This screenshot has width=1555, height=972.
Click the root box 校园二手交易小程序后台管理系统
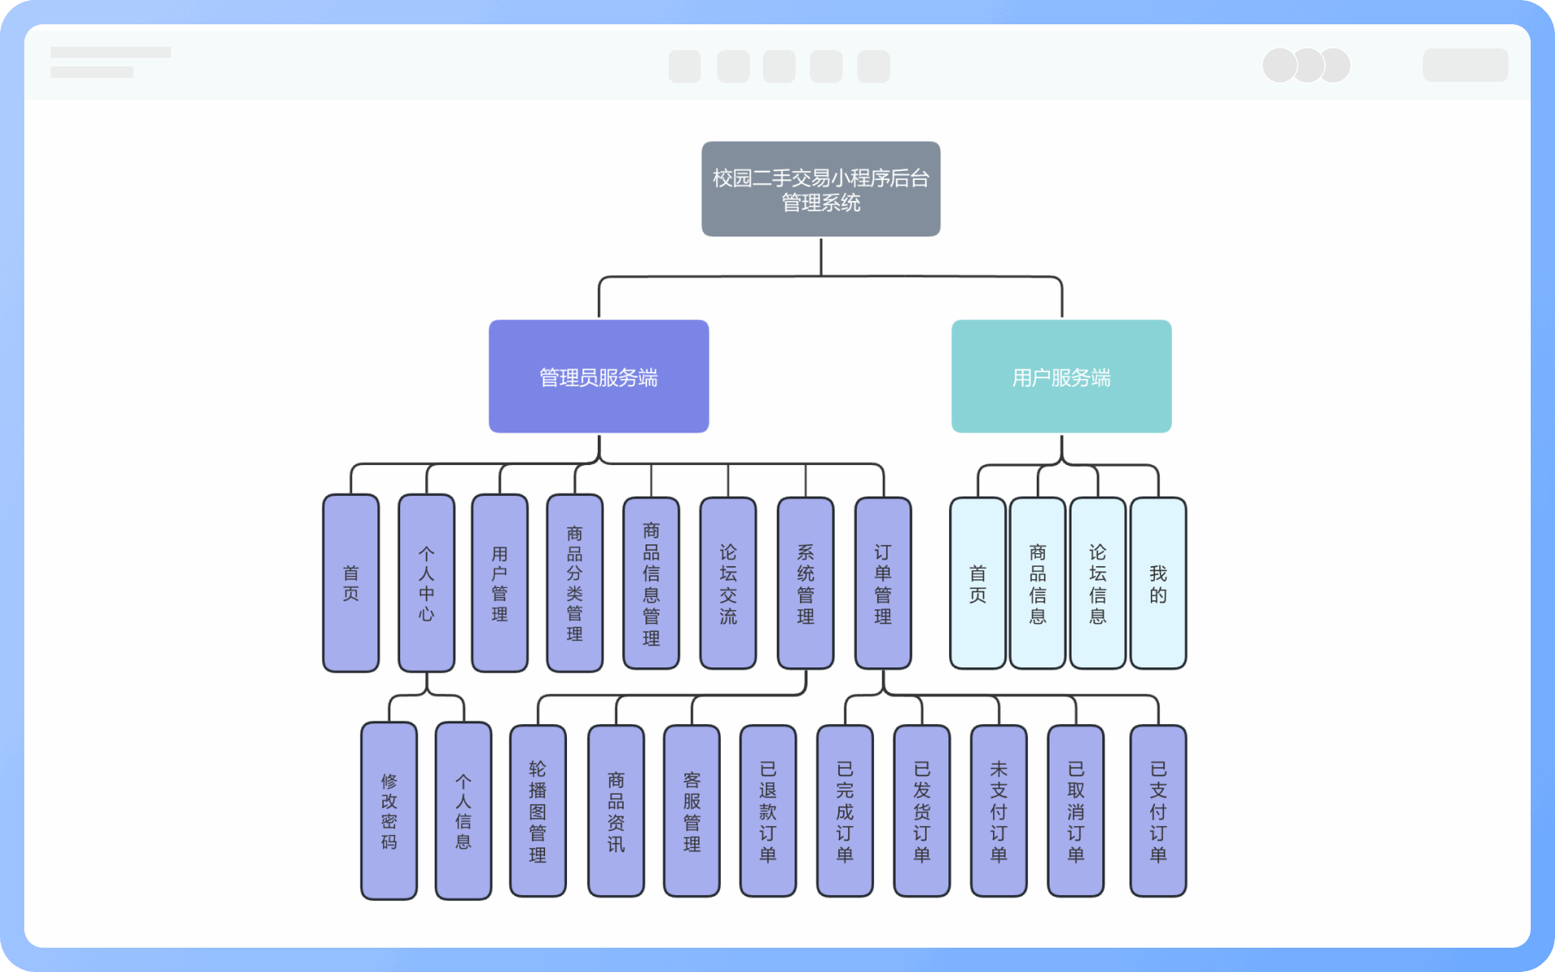click(x=820, y=189)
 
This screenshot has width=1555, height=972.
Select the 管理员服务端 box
click(x=599, y=376)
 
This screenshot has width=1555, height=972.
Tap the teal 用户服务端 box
click(x=1061, y=376)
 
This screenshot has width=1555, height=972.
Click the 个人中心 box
click(x=426, y=583)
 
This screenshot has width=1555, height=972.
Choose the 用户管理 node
click(x=500, y=583)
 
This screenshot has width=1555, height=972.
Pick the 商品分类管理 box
click(x=574, y=583)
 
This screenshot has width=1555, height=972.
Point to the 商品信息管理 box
click(x=651, y=583)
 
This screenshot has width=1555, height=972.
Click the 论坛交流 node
click(x=728, y=583)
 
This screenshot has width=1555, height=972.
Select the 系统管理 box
click(x=805, y=583)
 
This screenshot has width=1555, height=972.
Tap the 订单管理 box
click(x=883, y=583)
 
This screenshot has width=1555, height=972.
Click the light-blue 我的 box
click(x=1158, y=583)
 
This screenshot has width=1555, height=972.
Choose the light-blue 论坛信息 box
click(x=1097, y=583)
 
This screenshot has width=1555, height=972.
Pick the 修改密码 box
click(x=389, y=811)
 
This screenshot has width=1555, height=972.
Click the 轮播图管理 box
click(x=538, y=811)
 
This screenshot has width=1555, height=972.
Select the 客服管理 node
click(x=692, y=811)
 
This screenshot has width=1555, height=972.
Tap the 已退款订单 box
click(x=768, y=811)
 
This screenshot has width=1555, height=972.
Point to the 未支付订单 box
click(x=999, y=811)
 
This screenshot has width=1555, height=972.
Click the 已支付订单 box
click(x=1158, y=811)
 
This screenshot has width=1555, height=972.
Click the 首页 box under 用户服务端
click(x=978, y=583)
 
